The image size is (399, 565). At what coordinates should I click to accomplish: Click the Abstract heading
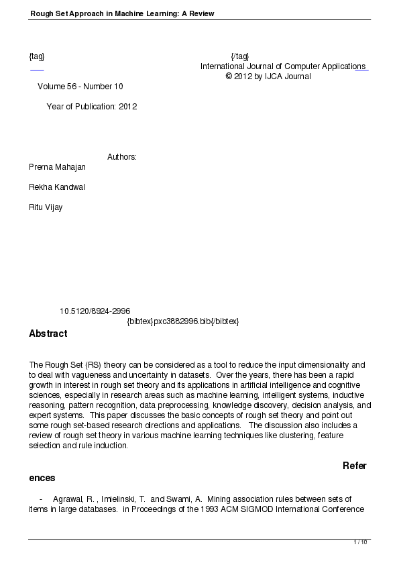coord(48,333)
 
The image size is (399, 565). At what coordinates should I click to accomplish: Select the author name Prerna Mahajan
coord(57,166)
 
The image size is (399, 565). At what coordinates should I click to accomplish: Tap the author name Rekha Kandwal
coord(56,187)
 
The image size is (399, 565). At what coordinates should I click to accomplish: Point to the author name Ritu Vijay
coord(46,207)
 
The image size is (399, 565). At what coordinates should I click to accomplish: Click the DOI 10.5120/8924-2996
coord(95,311)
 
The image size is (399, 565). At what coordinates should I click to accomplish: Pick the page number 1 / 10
coord(360,542)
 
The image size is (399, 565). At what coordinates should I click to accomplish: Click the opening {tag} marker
coord(37,56)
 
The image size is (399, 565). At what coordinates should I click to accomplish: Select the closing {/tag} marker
coord(239,56)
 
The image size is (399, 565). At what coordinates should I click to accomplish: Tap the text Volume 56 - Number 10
coord(80,87)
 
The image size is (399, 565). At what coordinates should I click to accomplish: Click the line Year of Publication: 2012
coord(92,107)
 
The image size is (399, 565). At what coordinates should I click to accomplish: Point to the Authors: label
coord(122,157)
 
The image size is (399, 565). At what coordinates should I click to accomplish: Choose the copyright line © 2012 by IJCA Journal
coord(268,76)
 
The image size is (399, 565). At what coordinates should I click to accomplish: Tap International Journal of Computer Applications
coord(283,66)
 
